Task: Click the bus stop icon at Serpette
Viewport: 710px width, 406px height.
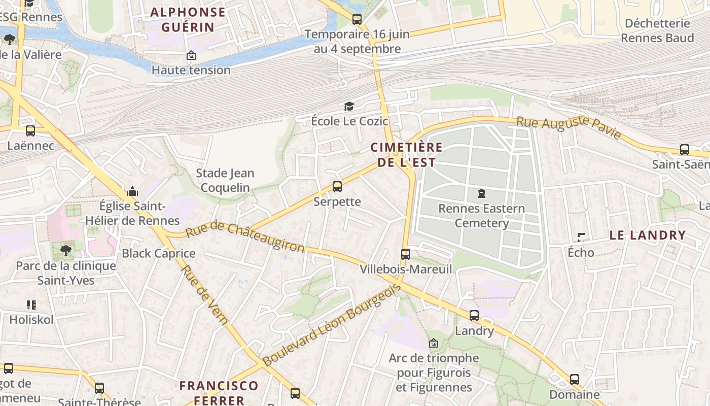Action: pyautogui.click(x=337, y=187)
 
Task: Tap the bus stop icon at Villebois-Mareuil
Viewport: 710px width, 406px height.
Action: pyautogui.click(x=405, y=254)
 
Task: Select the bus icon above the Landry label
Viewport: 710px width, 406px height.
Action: pyautogui.click(x=474, y=316)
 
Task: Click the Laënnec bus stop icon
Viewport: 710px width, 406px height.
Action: pyautogui.click(x=30, y=131)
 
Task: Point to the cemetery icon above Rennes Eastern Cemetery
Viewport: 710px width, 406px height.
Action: pyautogui.click(x=481, y=193)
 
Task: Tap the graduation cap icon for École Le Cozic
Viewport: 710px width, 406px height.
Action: pyautogui.click(x=349, y=106)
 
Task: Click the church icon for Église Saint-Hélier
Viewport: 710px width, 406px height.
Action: pyautogui.click(x=132, y=191)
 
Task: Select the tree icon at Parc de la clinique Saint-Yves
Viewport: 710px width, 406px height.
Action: pyautogui.click(x=65, y=250)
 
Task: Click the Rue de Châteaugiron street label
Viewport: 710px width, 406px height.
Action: pyautogui.click(x=245, y=238)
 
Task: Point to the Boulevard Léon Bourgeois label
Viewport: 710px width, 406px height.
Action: pyautogui.click(x=332, y=325)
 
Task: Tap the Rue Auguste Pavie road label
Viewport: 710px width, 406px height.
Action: pyautogui.click(x=569, y=127)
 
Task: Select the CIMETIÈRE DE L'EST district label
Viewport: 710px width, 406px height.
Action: pyautogui.click(x=406, y=155)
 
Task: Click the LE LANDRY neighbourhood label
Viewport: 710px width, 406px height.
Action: pyautogui.click(x=647, y=235)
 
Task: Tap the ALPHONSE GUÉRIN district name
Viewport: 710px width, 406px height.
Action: pyautogui.click(x=188, y=19)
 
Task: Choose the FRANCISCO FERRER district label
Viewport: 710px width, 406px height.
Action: pyautogui.click(x=219, y=392)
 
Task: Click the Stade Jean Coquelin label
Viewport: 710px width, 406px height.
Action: pyautogui.click(x=225, y=180)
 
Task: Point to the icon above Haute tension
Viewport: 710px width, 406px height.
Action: pyautogui.click(x=191, y=55)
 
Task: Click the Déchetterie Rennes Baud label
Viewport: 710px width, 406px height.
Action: pyautogui.click(x=657, y=30)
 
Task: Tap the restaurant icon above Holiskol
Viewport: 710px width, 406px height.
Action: pyautogui.click(x=31, y=305)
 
